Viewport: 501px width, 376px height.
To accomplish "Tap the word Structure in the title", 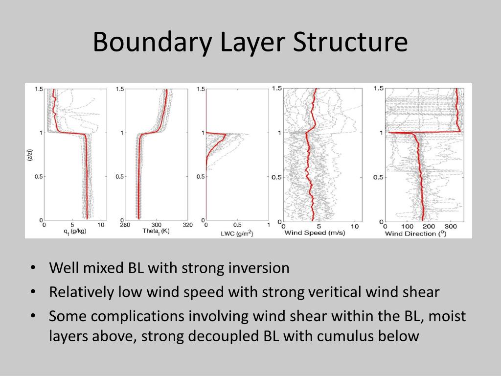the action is pos(350,42).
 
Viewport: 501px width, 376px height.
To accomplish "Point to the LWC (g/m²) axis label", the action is pos(237,234).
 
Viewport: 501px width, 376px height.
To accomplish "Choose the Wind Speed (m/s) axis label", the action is pos(314,233).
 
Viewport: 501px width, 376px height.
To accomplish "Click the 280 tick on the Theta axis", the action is pos(125,225).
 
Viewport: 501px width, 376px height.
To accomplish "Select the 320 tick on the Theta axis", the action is pos(187,225).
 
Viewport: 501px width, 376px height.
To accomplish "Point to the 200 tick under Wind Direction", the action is pos(429,227).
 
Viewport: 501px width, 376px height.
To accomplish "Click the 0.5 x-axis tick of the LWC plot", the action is pos(237,225).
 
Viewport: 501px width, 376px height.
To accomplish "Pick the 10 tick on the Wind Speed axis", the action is pos(355,227).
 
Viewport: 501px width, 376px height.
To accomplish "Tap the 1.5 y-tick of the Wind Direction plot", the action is pos(378,88).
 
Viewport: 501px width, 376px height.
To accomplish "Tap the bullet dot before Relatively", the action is pos(33,292).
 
